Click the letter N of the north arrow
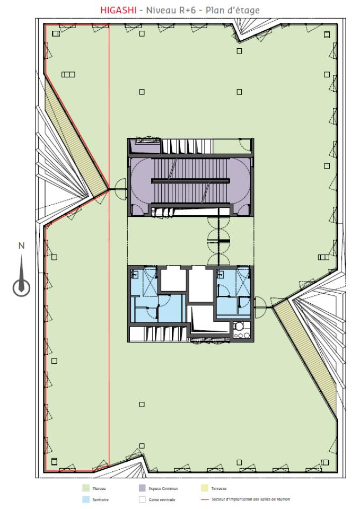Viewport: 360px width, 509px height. coord(21,245)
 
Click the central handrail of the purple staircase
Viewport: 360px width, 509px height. coord(191,181)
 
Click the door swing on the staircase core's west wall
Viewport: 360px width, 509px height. coord(119,189)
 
